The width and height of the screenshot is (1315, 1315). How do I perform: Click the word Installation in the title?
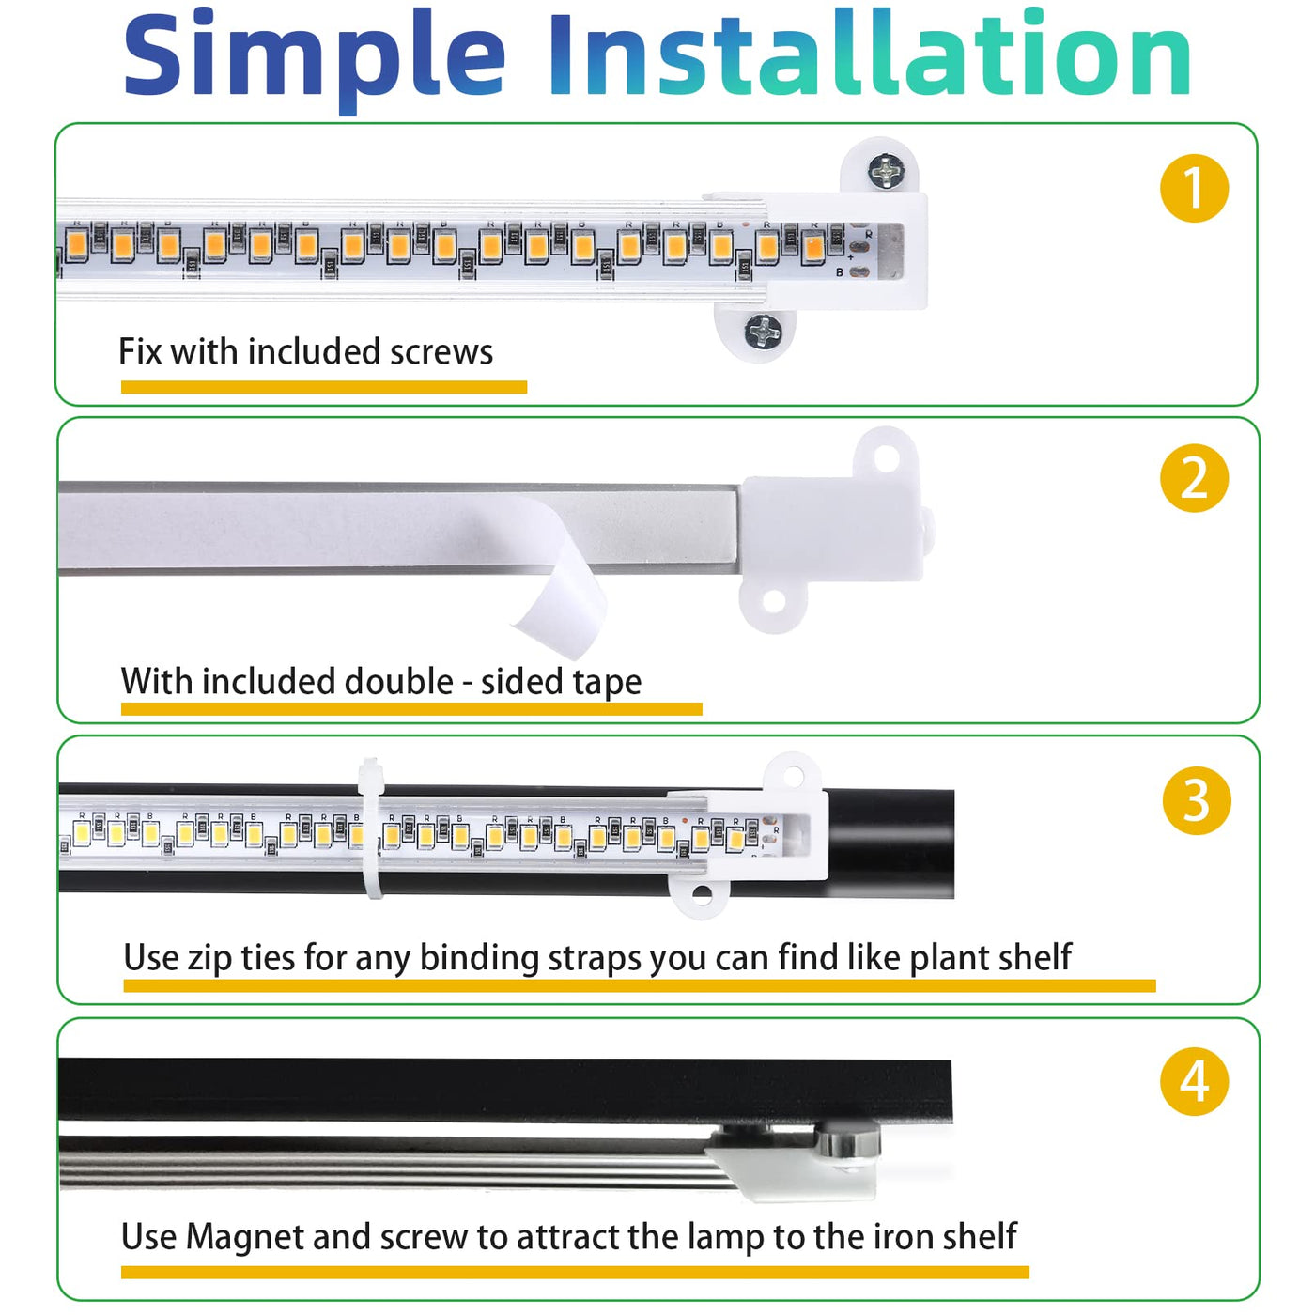[870, 54]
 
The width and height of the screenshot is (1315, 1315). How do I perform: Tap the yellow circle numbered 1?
[1194, 188]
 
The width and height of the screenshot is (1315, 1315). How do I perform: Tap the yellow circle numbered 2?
[1194, 478]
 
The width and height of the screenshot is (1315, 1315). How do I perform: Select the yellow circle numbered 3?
[1197, 799]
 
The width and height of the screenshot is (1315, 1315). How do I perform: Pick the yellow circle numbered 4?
[1194, 1082]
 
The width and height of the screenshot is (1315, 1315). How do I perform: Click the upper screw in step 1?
[887, 171]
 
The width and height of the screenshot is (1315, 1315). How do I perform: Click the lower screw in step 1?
[764, 332]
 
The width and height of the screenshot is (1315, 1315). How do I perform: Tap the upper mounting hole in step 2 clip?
[886, 458]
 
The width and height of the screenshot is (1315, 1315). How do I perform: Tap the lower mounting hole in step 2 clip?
[773, 601]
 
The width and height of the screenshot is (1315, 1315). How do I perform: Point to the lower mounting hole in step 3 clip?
[700, 893]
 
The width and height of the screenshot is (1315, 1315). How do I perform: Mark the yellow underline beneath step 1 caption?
[324, 387]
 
